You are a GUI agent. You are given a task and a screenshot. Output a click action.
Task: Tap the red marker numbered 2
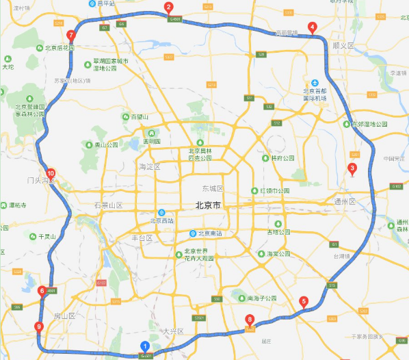pos(168,8)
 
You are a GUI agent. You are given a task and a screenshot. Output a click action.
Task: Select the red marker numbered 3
pos(352,169)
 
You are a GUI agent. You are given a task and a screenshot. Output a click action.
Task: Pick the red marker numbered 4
pos(312,28)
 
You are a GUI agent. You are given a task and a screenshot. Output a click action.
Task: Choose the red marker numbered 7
pos(70,36)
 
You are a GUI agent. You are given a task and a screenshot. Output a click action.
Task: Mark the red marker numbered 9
pos(38,327)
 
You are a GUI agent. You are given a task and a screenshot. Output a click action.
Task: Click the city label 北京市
pos(207,205)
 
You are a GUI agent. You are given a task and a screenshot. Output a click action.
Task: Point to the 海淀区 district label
pos(148,167)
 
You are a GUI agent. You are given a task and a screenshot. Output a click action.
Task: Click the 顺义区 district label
pos(343,45)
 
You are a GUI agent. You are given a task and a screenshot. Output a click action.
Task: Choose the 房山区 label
pos(62,316)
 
